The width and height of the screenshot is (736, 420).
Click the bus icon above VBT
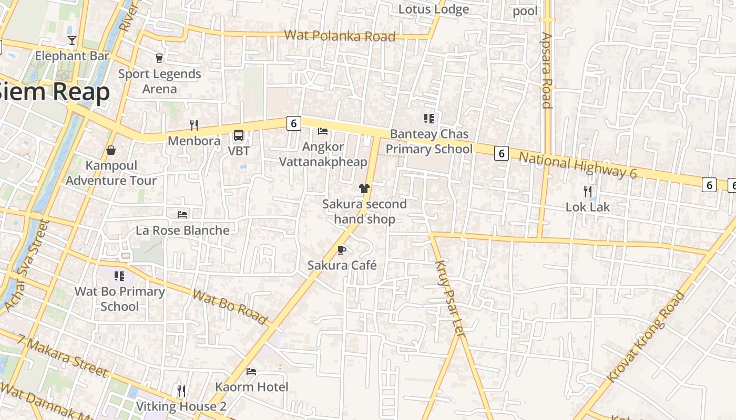coord(239,135)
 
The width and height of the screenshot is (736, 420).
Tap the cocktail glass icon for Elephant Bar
coord(72,40)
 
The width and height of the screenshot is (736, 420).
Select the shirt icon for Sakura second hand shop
coord(364,188)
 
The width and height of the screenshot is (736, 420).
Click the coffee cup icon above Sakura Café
coord(342,250)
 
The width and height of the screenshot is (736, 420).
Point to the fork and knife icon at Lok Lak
coord(588,192)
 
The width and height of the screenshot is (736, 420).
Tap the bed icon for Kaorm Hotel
coord(251,372)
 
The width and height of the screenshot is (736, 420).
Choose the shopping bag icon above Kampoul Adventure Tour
coord(111,150)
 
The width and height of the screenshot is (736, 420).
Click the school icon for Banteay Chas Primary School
coord(429,119)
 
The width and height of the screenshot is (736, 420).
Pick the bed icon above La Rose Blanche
coord(182,214)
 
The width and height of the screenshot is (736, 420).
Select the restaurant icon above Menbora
coord(194,125)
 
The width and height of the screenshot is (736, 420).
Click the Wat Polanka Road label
coord(340,36)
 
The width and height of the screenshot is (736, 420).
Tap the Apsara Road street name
coord(547,70)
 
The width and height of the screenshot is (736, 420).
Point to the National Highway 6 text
coord(578,165)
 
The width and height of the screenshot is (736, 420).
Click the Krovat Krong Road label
coord(646,337)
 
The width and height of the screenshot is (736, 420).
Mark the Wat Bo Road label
coord(230,307)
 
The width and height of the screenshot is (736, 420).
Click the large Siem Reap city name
coord(55,92)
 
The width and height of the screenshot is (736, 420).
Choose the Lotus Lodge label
coord(434,9)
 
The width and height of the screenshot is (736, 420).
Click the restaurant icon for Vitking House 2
coord(181,391)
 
